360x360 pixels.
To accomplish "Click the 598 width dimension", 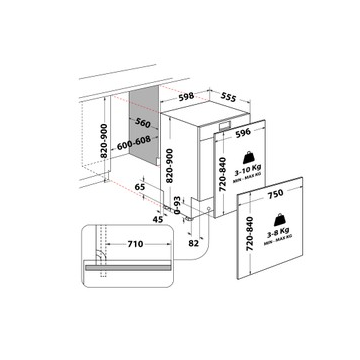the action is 186,96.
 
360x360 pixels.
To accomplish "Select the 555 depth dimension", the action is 228,97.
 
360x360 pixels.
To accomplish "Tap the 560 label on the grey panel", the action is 143,123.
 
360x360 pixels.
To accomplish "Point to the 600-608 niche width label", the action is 134,143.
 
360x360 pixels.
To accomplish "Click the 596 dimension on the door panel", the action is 243,133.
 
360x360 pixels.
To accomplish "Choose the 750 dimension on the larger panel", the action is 275,193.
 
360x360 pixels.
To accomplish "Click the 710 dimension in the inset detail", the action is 135,244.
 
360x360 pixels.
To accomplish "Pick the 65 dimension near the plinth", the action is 140,187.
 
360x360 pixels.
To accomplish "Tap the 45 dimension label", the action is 157,219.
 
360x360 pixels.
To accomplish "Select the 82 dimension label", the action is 193,243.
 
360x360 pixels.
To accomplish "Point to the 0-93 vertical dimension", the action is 177,205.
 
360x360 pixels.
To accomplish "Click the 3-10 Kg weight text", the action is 247,173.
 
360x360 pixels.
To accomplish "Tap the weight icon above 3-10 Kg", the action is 249,158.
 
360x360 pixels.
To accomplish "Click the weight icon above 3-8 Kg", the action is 279,220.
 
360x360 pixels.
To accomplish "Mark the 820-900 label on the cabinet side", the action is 104,141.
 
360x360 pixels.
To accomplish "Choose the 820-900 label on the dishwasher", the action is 169,165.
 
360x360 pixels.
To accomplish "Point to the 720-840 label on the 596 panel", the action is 223,174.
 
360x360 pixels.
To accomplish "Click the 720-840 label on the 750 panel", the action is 250,233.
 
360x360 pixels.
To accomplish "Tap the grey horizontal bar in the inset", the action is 128,268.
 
